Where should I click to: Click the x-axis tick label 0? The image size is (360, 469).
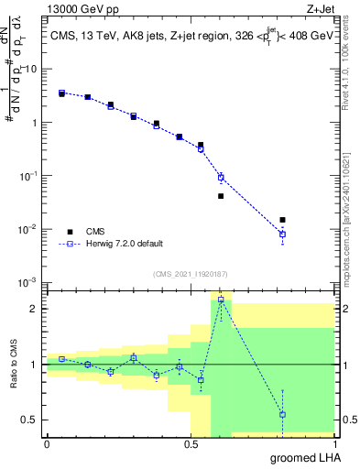point(47,443)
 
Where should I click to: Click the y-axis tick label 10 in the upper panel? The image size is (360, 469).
point(31,70)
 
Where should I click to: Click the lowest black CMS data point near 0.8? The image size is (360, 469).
point(282,220)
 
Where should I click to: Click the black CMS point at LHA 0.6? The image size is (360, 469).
point(221,196)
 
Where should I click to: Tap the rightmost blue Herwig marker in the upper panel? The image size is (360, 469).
point(282,234)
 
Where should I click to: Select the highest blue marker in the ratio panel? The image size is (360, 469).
point(221,300)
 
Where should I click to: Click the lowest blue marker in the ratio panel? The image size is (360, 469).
point(282,414)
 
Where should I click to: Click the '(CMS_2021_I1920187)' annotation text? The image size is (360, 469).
point(190,273)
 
